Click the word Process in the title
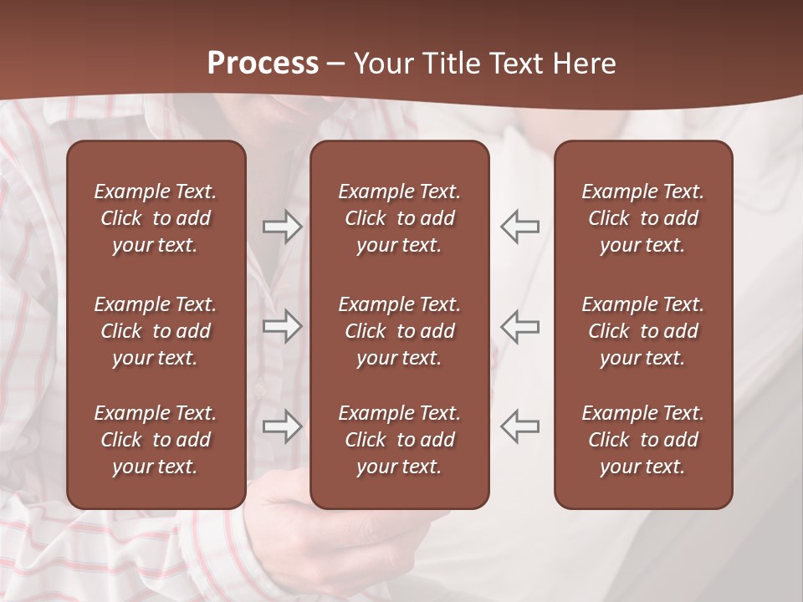(263, 64)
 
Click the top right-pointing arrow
(282, 227)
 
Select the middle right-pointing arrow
(282, 326)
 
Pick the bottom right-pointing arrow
(282, 426)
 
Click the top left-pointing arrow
(520, 227)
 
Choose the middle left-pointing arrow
(520, 326)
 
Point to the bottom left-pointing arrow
(520, 426)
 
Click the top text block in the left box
(156, 218)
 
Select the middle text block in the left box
(156, 331)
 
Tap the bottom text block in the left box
(156, 440)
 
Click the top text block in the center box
(399, 218)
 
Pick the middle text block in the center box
(399, 331)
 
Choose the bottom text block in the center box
(399, 440)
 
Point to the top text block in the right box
(642, 218)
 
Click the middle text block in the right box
(642, 331)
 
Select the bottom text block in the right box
(642, 440)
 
